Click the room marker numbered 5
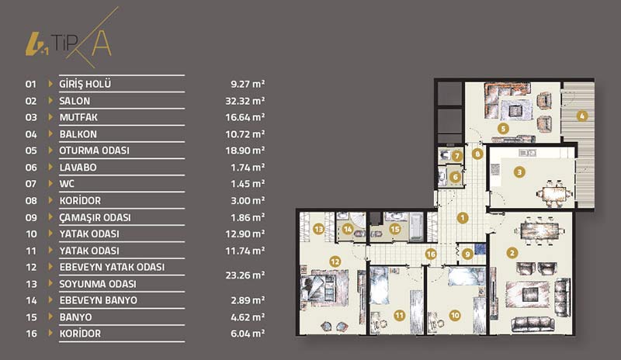pos(503,129)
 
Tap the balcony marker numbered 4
pos(581,116)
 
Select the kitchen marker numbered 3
pos(519,172)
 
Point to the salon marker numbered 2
pos(512,253)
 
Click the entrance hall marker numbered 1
pos(462,217)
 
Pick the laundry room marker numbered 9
pos(468,254)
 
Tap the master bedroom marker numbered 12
pos(335,261)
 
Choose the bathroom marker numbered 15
pos(395,229)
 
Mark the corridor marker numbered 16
pos(431,254)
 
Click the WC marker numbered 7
pos(457,156)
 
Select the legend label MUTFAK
pos(78,117)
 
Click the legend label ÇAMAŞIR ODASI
pos(95,217)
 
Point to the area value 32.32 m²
pos(245,101)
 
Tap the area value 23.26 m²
pos(245,275)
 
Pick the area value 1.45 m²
pos(248,184)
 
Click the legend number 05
pos(31,151)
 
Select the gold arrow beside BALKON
pos(50,133)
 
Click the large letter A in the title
pos(102,43)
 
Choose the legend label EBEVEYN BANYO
pos(99,300)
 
